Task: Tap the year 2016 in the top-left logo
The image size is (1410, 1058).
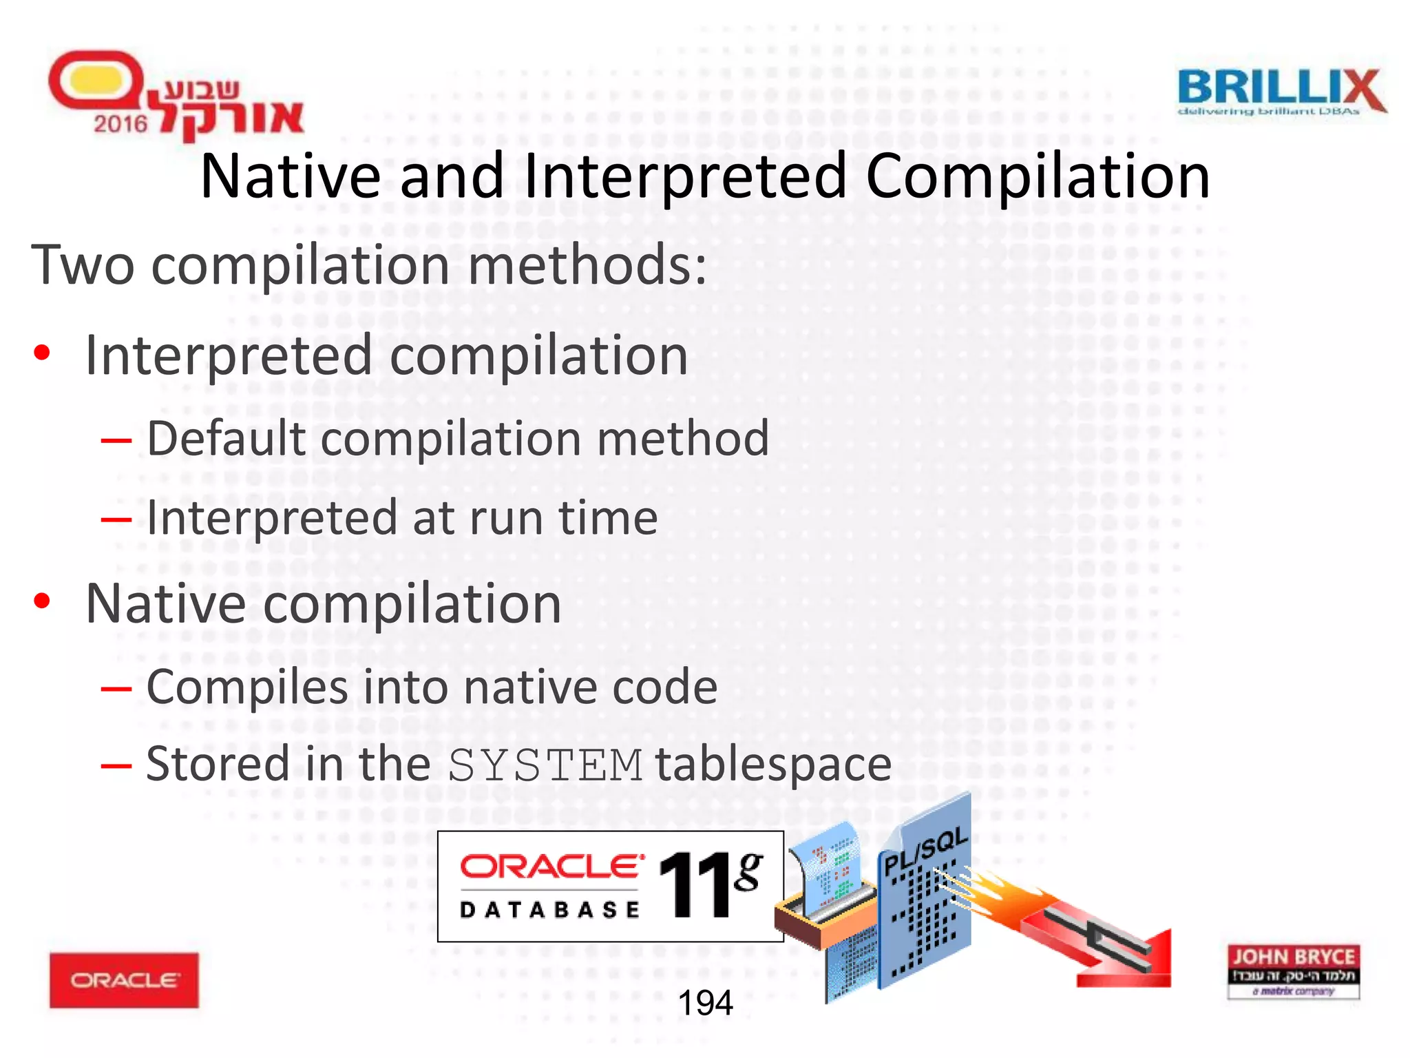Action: click(x=120, y=124)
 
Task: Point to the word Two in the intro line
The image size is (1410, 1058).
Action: click(x=83, y=265)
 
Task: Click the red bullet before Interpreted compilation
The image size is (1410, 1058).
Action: click(x=42, y=353)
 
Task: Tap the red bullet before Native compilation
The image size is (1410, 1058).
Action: click(x=42, y=601)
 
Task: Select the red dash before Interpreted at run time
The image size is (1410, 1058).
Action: click(x=116, y=519)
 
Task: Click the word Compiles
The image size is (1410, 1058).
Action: click(x=248, y=687)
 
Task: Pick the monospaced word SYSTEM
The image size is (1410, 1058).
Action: click(x=545, y=765)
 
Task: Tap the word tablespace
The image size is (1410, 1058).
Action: click(x=773, y=764)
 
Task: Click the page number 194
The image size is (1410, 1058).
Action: click(x=705, y=1003)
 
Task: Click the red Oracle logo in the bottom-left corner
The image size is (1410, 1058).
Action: click(x=124, y=980)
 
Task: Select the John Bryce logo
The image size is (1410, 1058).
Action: click(x=1293, y=971)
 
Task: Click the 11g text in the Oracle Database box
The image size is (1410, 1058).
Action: click(x=709, y=884)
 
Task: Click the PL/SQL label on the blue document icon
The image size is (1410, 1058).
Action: click(x=926, y=851)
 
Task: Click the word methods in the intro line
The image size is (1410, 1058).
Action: click(x=578, y=265)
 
